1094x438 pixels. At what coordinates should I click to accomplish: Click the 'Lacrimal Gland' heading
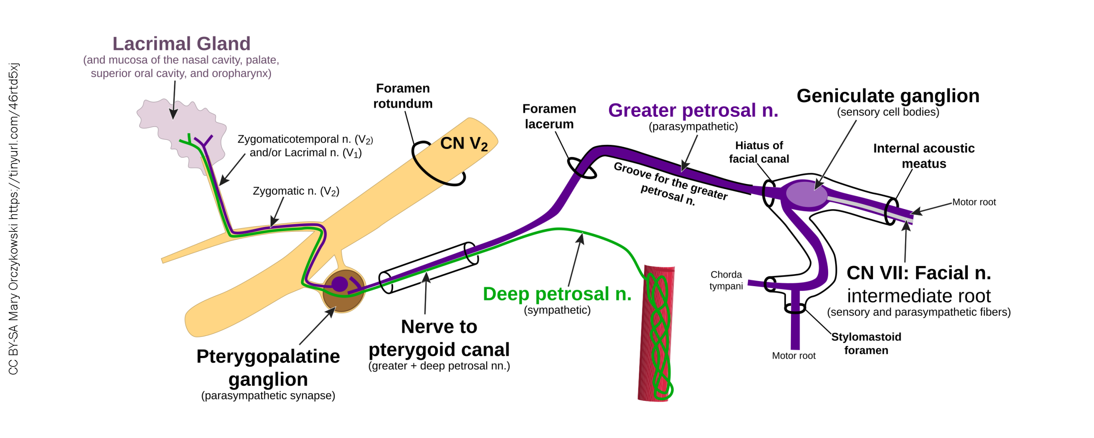pyautogui.click(x=181, y=44)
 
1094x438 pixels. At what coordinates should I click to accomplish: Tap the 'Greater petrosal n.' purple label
pyautogui.click(x=692, y=110)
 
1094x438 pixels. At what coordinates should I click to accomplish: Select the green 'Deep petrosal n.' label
pyautogui.click(x=556, y=294)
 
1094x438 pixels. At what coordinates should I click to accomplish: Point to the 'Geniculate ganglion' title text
pyautogui.click(x=887, y=96)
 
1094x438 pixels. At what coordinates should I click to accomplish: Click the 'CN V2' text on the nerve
pyautogui.click(x=463, y=144)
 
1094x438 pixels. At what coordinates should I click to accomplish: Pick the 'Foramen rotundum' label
pyautogui.click(x=402, y=96)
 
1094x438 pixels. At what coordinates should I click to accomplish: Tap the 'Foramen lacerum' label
pyautogui.click(x=549, y=116)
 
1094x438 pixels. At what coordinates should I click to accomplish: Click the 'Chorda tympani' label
pyautogui.click(x=726, y=280)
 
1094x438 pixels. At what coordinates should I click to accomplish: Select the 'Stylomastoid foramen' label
pyautogui.click(x=865, y=343)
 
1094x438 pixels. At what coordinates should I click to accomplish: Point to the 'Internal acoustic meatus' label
pyautogui.click(x=923, y=156)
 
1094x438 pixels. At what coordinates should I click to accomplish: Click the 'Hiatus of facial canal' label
pyautogui.click(x=758, y=152)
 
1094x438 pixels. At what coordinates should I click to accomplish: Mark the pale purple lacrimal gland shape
pyautogui.click(x=171, y=124)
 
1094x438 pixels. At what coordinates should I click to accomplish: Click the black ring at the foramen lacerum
pyautogui.click(x=581, y=168)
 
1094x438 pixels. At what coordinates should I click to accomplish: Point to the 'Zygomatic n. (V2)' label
pyautogui.click(x=296, y=191)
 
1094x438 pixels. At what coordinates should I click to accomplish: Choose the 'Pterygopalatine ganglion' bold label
pyautogui.click(x=268, y=367)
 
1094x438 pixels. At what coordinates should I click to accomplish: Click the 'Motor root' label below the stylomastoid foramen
pyautogui.click(x=793, y=355)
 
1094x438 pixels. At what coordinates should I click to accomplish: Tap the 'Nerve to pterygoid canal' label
pyautogui.click(x=439, y=338)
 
